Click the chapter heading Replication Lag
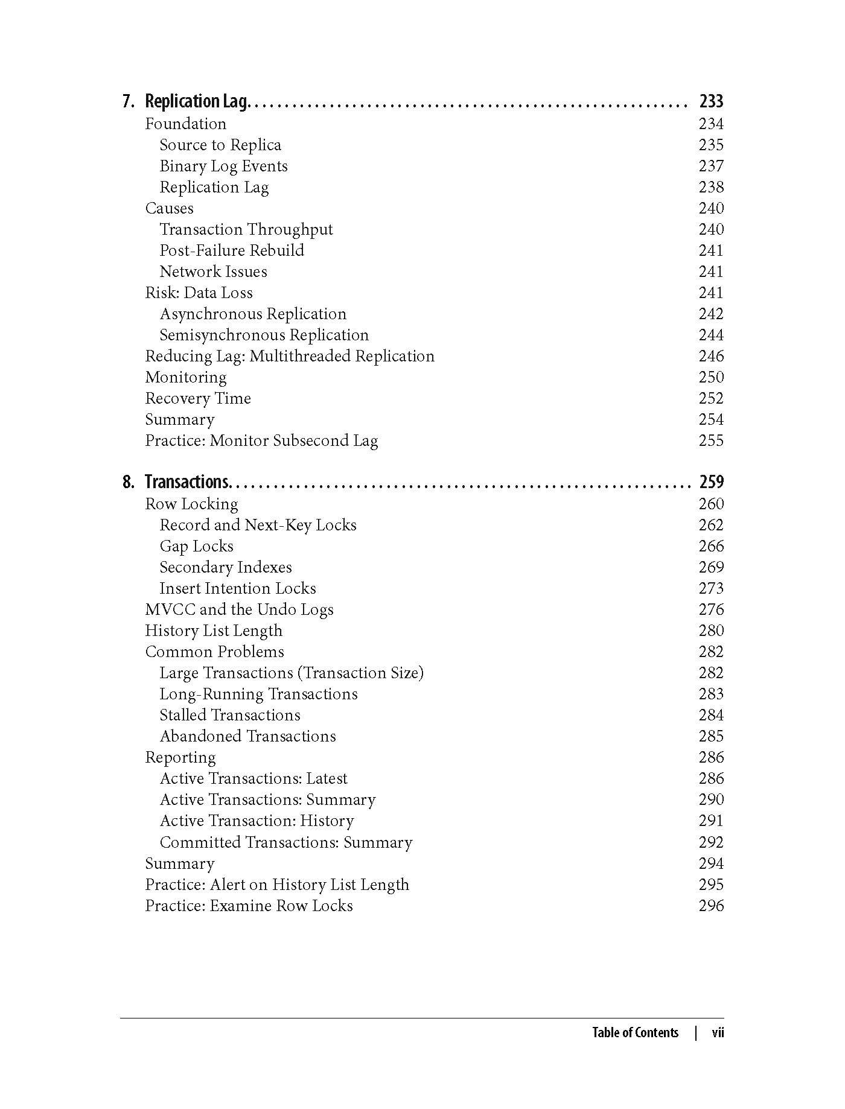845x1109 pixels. [x=196, y=101]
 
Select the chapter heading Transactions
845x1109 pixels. [x=187, y=482]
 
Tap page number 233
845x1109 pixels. [x=710, y=101]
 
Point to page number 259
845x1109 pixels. [x=710, y=482]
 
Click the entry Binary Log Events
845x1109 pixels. [x=223, y=166]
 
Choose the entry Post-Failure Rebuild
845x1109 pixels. [x=232, y=250]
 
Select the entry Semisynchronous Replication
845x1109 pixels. [x=264, y=335]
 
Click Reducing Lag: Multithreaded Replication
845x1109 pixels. [x=290, y=356]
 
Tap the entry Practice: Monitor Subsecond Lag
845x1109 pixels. [x=261, y=440]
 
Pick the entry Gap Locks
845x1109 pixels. [x=196, y=546]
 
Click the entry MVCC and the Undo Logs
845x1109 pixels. [x=239, y=609]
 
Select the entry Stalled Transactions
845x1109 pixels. [x=230, y=715]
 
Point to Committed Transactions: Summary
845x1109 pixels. [x=286, y=842]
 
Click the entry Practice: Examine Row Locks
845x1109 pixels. [x=249, y=906]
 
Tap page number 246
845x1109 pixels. [x=710, y=356]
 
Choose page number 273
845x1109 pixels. [x=710, y=588]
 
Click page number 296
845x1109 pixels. [x=710, y=906]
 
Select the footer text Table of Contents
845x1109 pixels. [x=635, y=1032]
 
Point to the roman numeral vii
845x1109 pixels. [x=717, y=1032]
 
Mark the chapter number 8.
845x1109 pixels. [x=128, y=482]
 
